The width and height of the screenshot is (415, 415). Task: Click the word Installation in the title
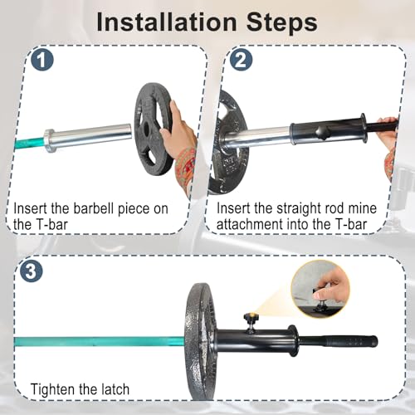click(167, 22)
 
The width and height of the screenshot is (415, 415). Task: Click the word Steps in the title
click(281, 22)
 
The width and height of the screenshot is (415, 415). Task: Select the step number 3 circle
click(32, 271)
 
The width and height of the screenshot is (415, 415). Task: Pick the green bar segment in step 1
click(28, 143)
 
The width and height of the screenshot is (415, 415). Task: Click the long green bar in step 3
click(99, 341)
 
